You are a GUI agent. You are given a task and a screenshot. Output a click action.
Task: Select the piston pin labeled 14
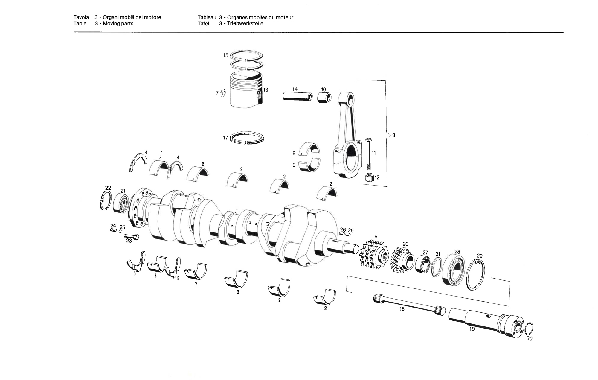click(297, 96)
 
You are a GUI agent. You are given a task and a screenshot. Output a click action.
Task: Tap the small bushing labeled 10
click(324, 97)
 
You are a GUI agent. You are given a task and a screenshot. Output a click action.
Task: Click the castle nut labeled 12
click(370, 177)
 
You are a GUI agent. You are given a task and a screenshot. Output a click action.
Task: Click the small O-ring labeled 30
click(529, 328)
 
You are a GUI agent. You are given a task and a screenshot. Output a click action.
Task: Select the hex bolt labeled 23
click(132, 236)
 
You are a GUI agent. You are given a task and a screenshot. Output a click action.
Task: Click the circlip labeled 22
click(105, 200)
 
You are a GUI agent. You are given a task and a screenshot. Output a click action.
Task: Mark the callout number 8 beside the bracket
click(393, 135)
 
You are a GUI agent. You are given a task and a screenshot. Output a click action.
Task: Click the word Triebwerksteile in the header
click(245, 24)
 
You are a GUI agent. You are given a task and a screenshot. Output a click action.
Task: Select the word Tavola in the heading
click(81, 17)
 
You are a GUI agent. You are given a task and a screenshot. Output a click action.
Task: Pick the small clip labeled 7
click(223, 93)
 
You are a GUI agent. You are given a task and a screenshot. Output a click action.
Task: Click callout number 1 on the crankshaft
click(237, 211)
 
